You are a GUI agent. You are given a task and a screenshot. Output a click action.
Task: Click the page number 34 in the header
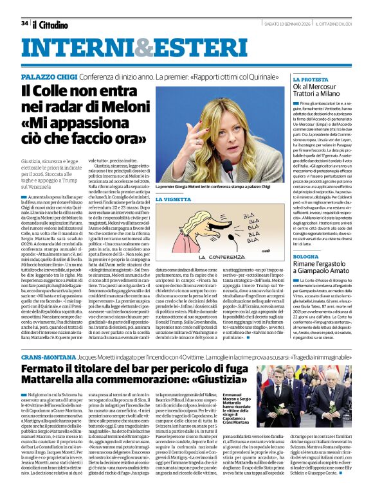(24, 23)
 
